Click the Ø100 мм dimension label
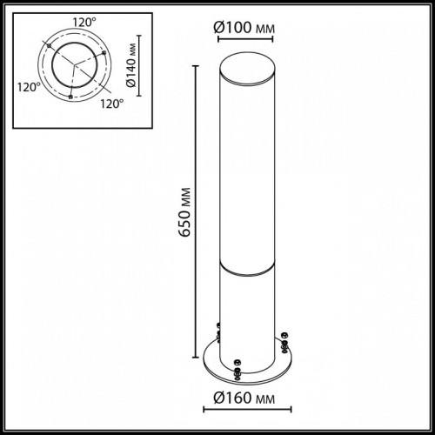pos(244,29)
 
